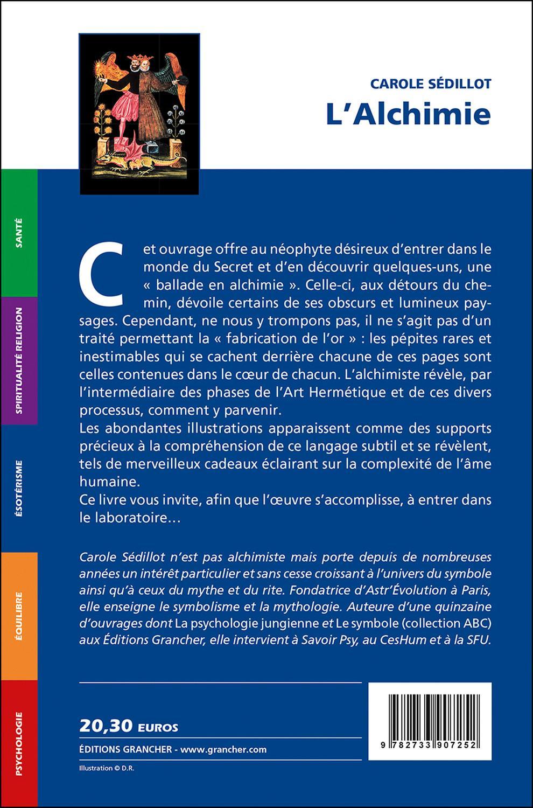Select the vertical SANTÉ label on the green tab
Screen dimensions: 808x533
click(19, 232)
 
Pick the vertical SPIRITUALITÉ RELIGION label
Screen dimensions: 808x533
click(19, 360)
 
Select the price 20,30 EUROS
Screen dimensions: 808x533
click(129, 727)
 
